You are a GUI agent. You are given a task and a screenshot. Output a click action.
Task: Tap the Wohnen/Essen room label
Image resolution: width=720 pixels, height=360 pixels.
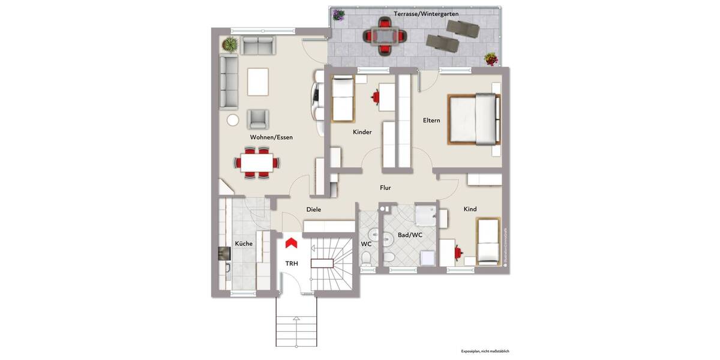point(271,137)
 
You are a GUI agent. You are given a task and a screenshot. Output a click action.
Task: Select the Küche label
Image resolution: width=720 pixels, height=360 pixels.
point(244,244)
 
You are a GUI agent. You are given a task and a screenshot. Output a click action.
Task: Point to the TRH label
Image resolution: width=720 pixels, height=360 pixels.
point(292,263)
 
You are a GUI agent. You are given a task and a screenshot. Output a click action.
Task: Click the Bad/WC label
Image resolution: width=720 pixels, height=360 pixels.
point(410,235)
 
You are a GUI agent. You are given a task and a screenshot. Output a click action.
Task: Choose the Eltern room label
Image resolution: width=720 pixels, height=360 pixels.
point(431,120)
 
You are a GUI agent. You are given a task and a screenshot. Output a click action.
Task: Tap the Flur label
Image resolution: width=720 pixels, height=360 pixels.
point(385,188)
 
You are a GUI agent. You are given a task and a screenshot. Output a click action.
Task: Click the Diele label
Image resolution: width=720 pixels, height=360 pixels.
point(313,209)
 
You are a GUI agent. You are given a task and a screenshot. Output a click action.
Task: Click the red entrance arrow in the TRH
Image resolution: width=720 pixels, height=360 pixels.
point(292,242)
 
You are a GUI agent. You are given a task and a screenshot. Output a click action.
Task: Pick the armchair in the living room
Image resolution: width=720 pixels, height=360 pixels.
point(258,119)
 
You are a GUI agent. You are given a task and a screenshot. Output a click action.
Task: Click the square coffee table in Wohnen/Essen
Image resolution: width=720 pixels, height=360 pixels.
point(257,82)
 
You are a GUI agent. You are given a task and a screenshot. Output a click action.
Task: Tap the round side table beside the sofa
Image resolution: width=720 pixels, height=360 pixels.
point(233,119)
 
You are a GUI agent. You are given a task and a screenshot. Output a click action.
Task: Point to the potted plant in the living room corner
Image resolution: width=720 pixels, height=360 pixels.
point(229,44)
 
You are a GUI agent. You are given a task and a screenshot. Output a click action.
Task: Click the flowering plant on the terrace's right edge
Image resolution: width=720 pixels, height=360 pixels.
point(491,59)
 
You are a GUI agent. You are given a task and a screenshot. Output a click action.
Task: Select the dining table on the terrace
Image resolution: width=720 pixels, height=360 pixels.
point(382,37)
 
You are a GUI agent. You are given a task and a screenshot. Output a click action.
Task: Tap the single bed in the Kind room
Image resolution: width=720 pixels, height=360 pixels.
point(487,241)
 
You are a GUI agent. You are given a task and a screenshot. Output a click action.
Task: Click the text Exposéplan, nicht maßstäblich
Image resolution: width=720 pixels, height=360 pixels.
point(485,351)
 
